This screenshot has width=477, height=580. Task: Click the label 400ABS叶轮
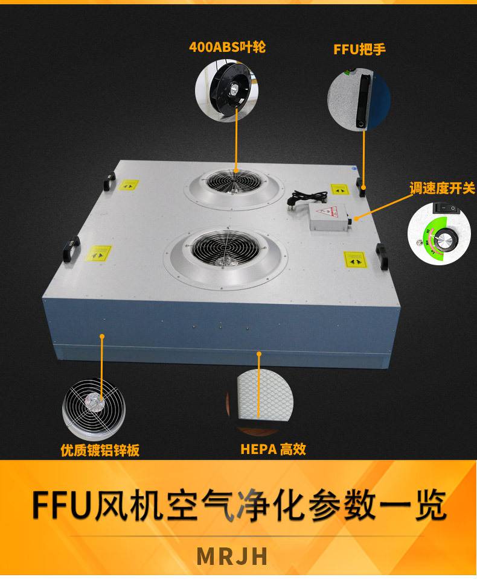tap(227, 47)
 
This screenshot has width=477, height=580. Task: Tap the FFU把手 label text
tap(359, 49)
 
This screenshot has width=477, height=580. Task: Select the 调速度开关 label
tap(442, 188)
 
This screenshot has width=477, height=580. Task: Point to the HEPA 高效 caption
tap(273, 449)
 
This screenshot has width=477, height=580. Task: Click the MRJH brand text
tap(232, 556)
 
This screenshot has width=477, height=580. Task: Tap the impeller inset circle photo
tap(226, 92)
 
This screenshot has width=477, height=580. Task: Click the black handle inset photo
tap(359, 99)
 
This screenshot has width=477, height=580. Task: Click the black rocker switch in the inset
tap(446, 208)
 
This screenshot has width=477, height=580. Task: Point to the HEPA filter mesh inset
tap(260, 400)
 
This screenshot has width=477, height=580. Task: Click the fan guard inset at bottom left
tap(94, 409)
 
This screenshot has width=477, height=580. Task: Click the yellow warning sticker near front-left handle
tap(98, 253)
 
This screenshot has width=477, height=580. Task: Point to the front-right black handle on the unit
tap(382, 254)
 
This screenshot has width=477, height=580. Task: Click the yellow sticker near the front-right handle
tap(356, 260)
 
